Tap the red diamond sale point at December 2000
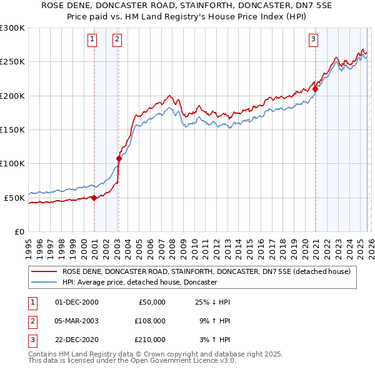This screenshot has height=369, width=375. (94, 198)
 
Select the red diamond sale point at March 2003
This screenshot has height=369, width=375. (119, 158)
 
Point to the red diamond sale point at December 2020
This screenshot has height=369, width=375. (316, 89)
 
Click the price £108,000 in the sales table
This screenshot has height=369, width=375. (150, 321)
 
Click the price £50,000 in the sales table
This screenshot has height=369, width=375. (152, 302)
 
